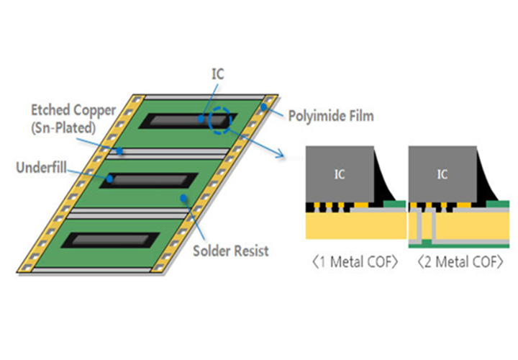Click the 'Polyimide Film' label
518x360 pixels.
[330, 116]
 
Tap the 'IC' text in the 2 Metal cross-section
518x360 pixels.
[442, 174]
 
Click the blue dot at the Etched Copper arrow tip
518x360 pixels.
[123, 152]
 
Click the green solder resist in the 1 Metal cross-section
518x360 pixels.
[391, 204]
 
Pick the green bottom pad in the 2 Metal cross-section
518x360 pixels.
[427, 238]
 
